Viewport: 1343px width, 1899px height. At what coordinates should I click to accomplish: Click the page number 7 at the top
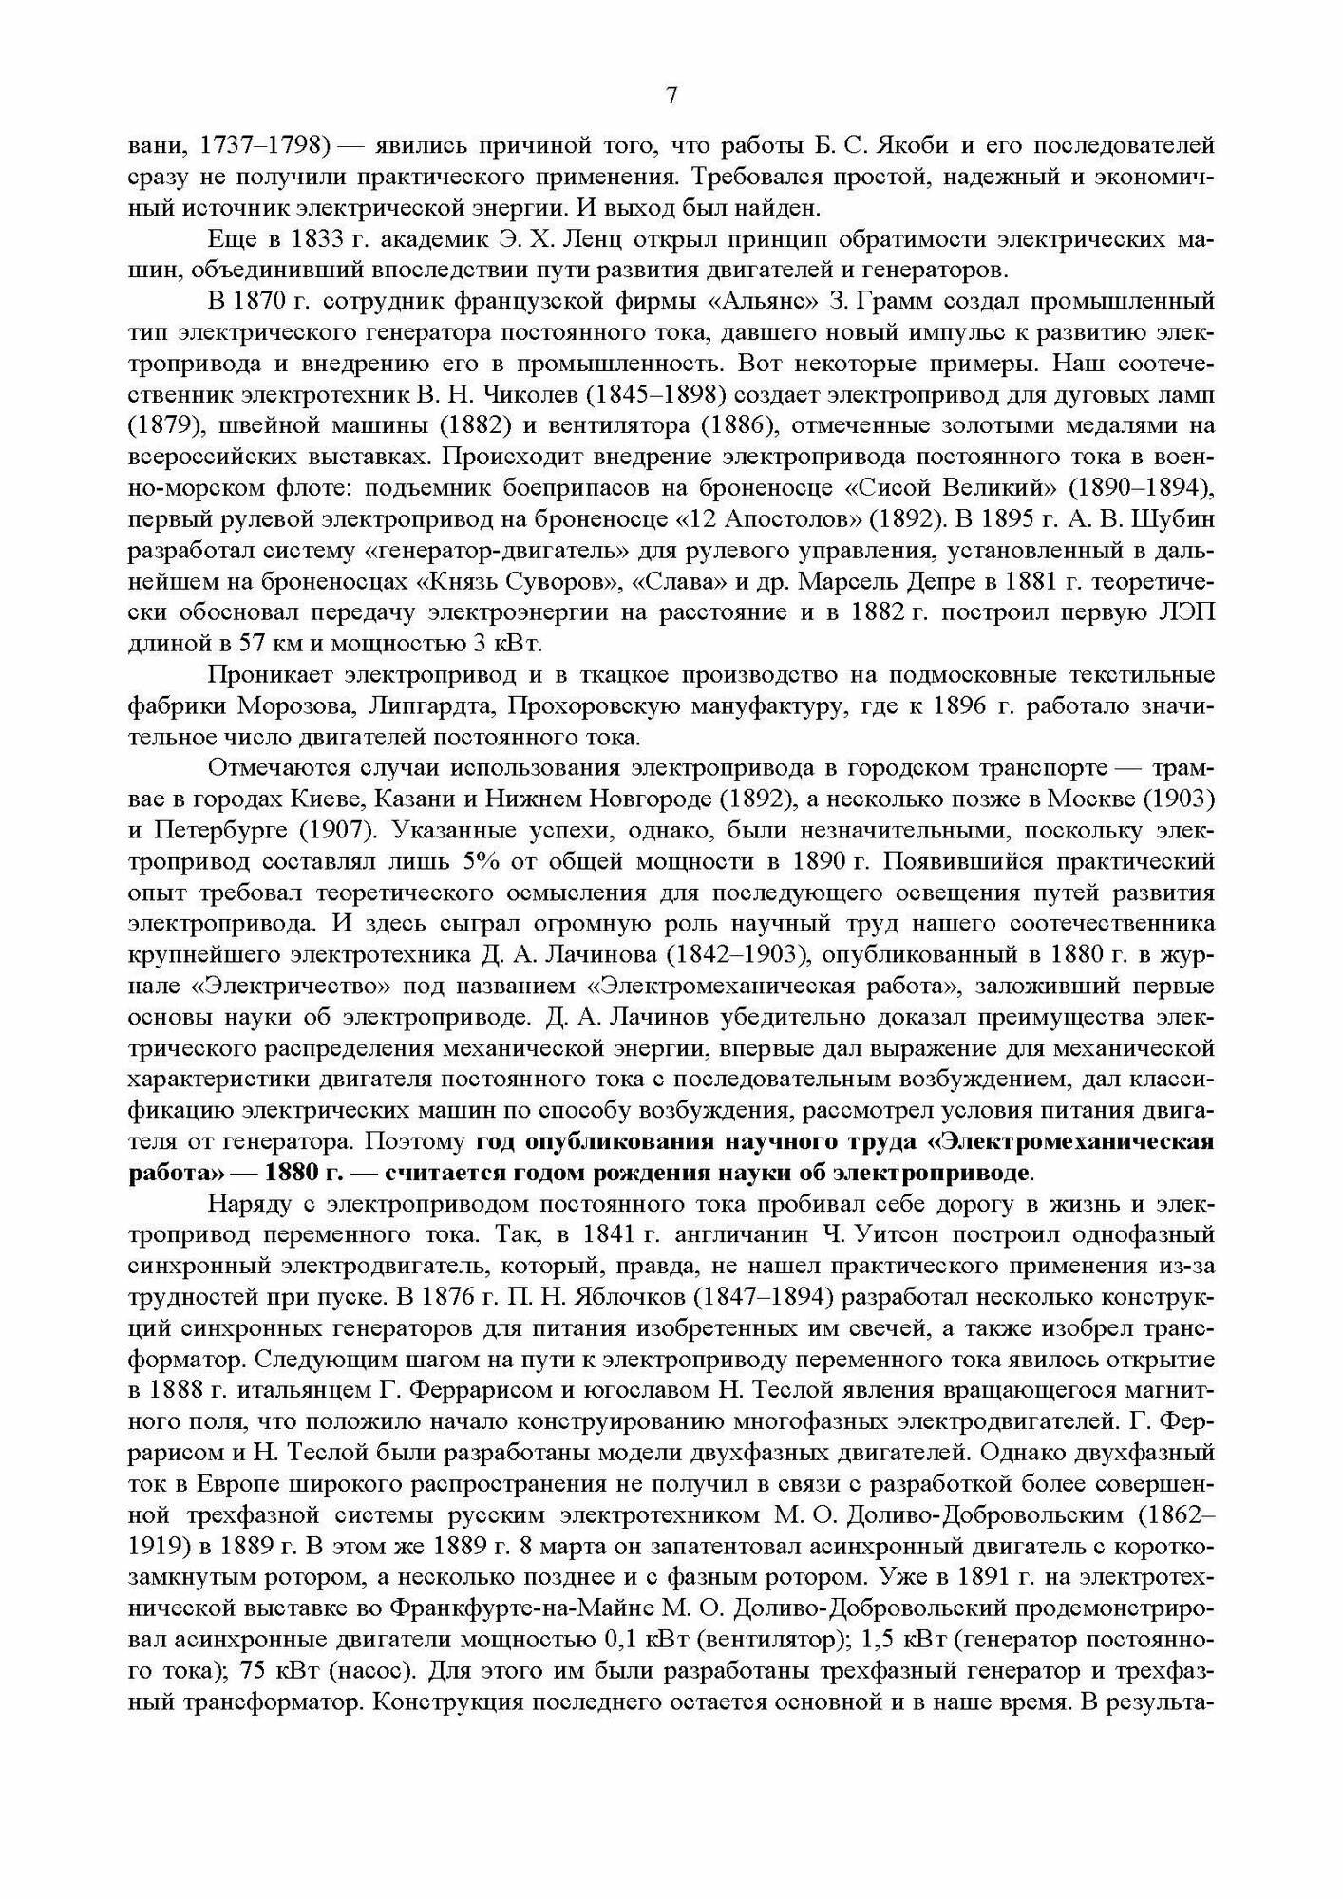pyautogui.click(x=671, y=96)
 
